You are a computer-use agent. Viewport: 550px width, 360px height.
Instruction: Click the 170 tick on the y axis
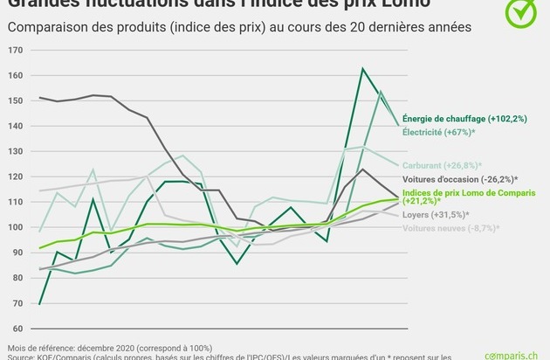pyautogui.click(x=17, y=50)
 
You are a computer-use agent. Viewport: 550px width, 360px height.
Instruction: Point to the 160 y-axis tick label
pyautogui.click(x=17, y=75)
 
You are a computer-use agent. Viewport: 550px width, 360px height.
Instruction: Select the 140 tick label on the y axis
pyautogui.click(x=17, y=126)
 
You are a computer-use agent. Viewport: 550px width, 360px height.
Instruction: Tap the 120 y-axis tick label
pyautogui.click(x=17, y=177)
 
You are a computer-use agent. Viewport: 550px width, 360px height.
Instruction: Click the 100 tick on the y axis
pyautogui.click(x=17, y=227)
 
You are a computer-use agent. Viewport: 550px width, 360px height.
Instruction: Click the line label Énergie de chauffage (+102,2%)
pyautogui.click(x=464, y=119)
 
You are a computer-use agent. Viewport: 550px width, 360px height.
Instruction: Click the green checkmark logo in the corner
pyautogui.click(x=521, y=13)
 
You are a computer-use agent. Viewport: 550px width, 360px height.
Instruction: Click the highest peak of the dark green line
pyautogui.click(x=362, y=68)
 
